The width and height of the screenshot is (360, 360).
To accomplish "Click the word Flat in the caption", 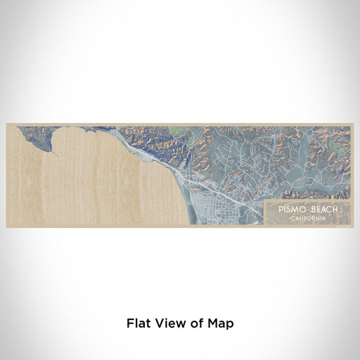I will click(x=139, y=323).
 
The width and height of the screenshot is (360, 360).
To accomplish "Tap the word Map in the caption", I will click(x=219, y=323).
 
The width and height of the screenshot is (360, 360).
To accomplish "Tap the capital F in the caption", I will click(x=130, y=323).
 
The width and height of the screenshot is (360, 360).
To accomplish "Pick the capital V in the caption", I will click(x=158, y=323).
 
